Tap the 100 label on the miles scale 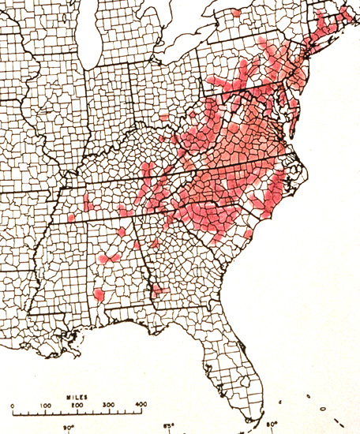point(46,405)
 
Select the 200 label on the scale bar point(77,405)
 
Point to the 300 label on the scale point(109,405)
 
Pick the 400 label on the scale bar point(141,405)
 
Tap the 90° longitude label point(68,428)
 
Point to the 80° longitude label point(271,427)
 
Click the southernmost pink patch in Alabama point(99,295)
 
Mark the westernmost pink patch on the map point(71,217)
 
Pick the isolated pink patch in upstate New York point(237,13)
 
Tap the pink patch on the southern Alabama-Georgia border point(158,290)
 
